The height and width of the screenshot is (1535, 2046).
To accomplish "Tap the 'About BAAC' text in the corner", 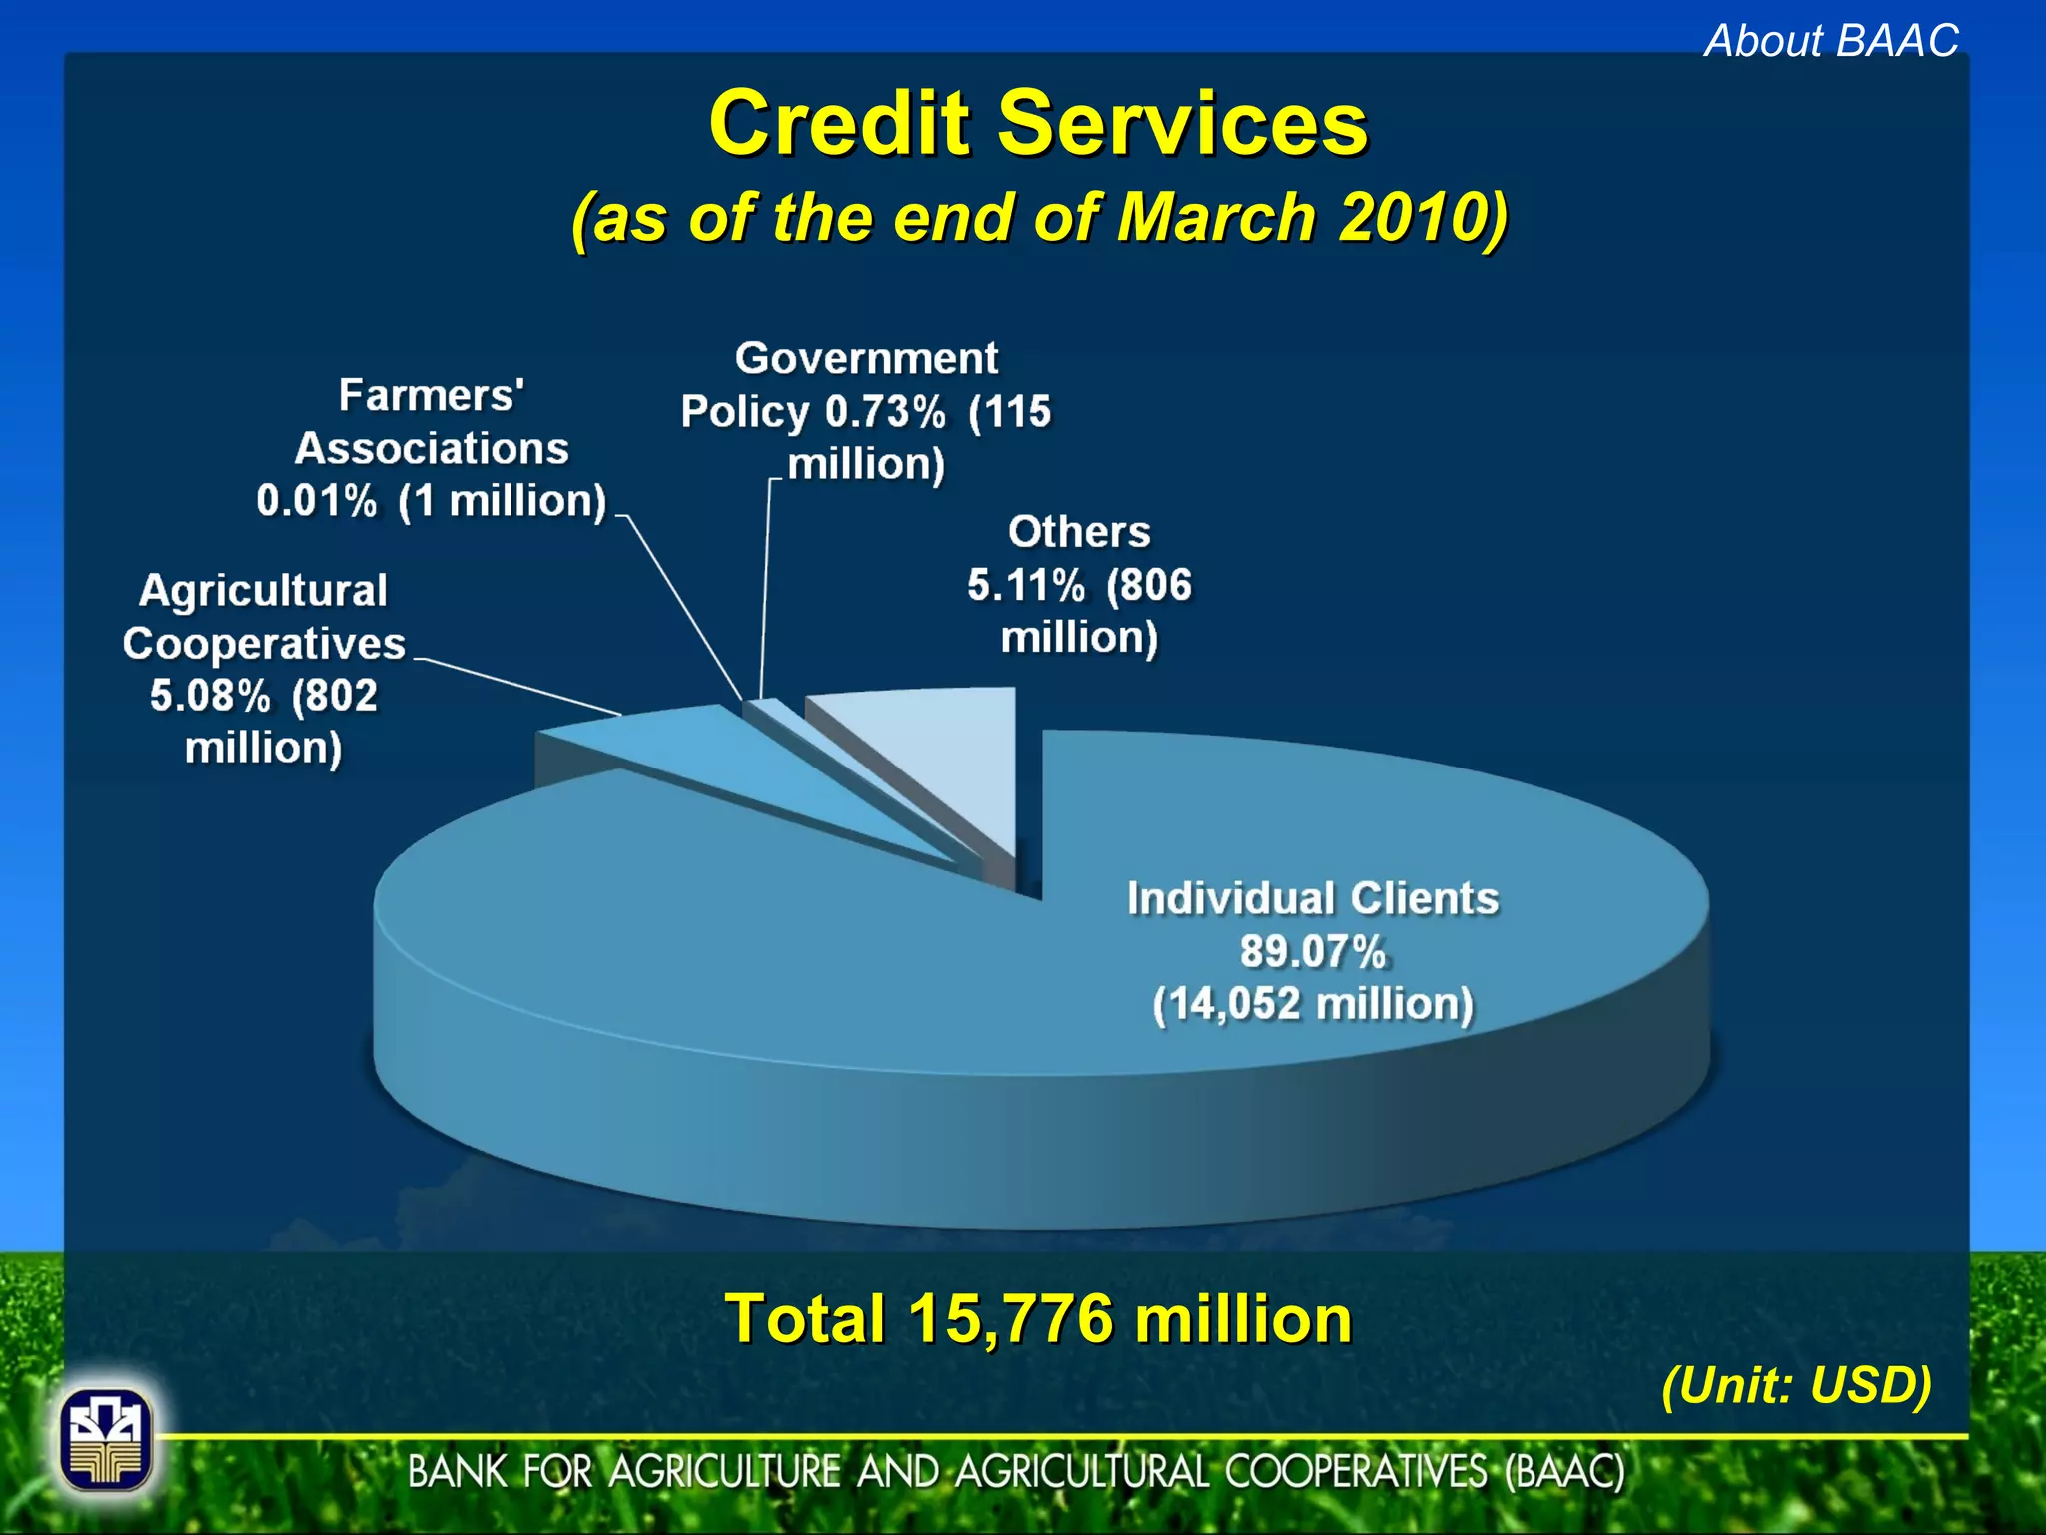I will [1831, 41].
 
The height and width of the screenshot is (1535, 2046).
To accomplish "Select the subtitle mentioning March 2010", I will [1039, 217].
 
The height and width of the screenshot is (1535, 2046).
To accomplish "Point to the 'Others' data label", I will [1079, 584].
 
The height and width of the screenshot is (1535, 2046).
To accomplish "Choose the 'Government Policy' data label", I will [866, 411].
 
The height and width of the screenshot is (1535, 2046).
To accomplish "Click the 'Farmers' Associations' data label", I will [432, 448].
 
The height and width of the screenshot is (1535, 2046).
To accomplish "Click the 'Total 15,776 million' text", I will [1039, 1318].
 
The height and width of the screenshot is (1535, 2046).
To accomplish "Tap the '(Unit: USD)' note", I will [1796, 1385].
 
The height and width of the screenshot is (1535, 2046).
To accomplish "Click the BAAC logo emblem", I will [106, 1440].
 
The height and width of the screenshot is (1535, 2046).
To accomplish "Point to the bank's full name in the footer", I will [1016, 1472].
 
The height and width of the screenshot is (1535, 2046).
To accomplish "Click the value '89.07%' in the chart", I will [1313, 951].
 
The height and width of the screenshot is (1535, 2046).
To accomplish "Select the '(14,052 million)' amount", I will [1313, 1004].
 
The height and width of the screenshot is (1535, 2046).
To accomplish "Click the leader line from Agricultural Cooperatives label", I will [519, 686].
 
